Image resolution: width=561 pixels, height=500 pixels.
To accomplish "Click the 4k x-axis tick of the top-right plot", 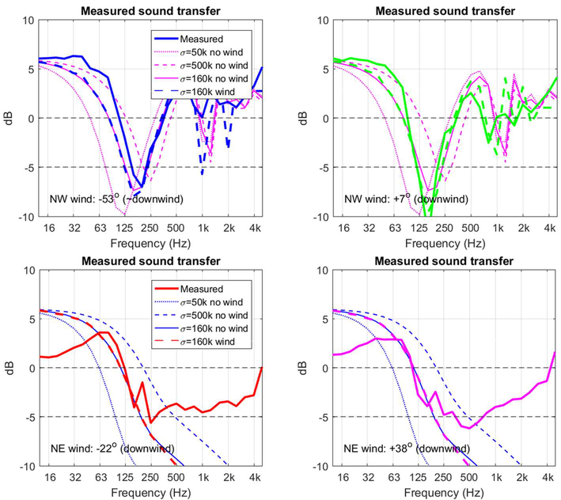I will [x=545, y=227].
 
